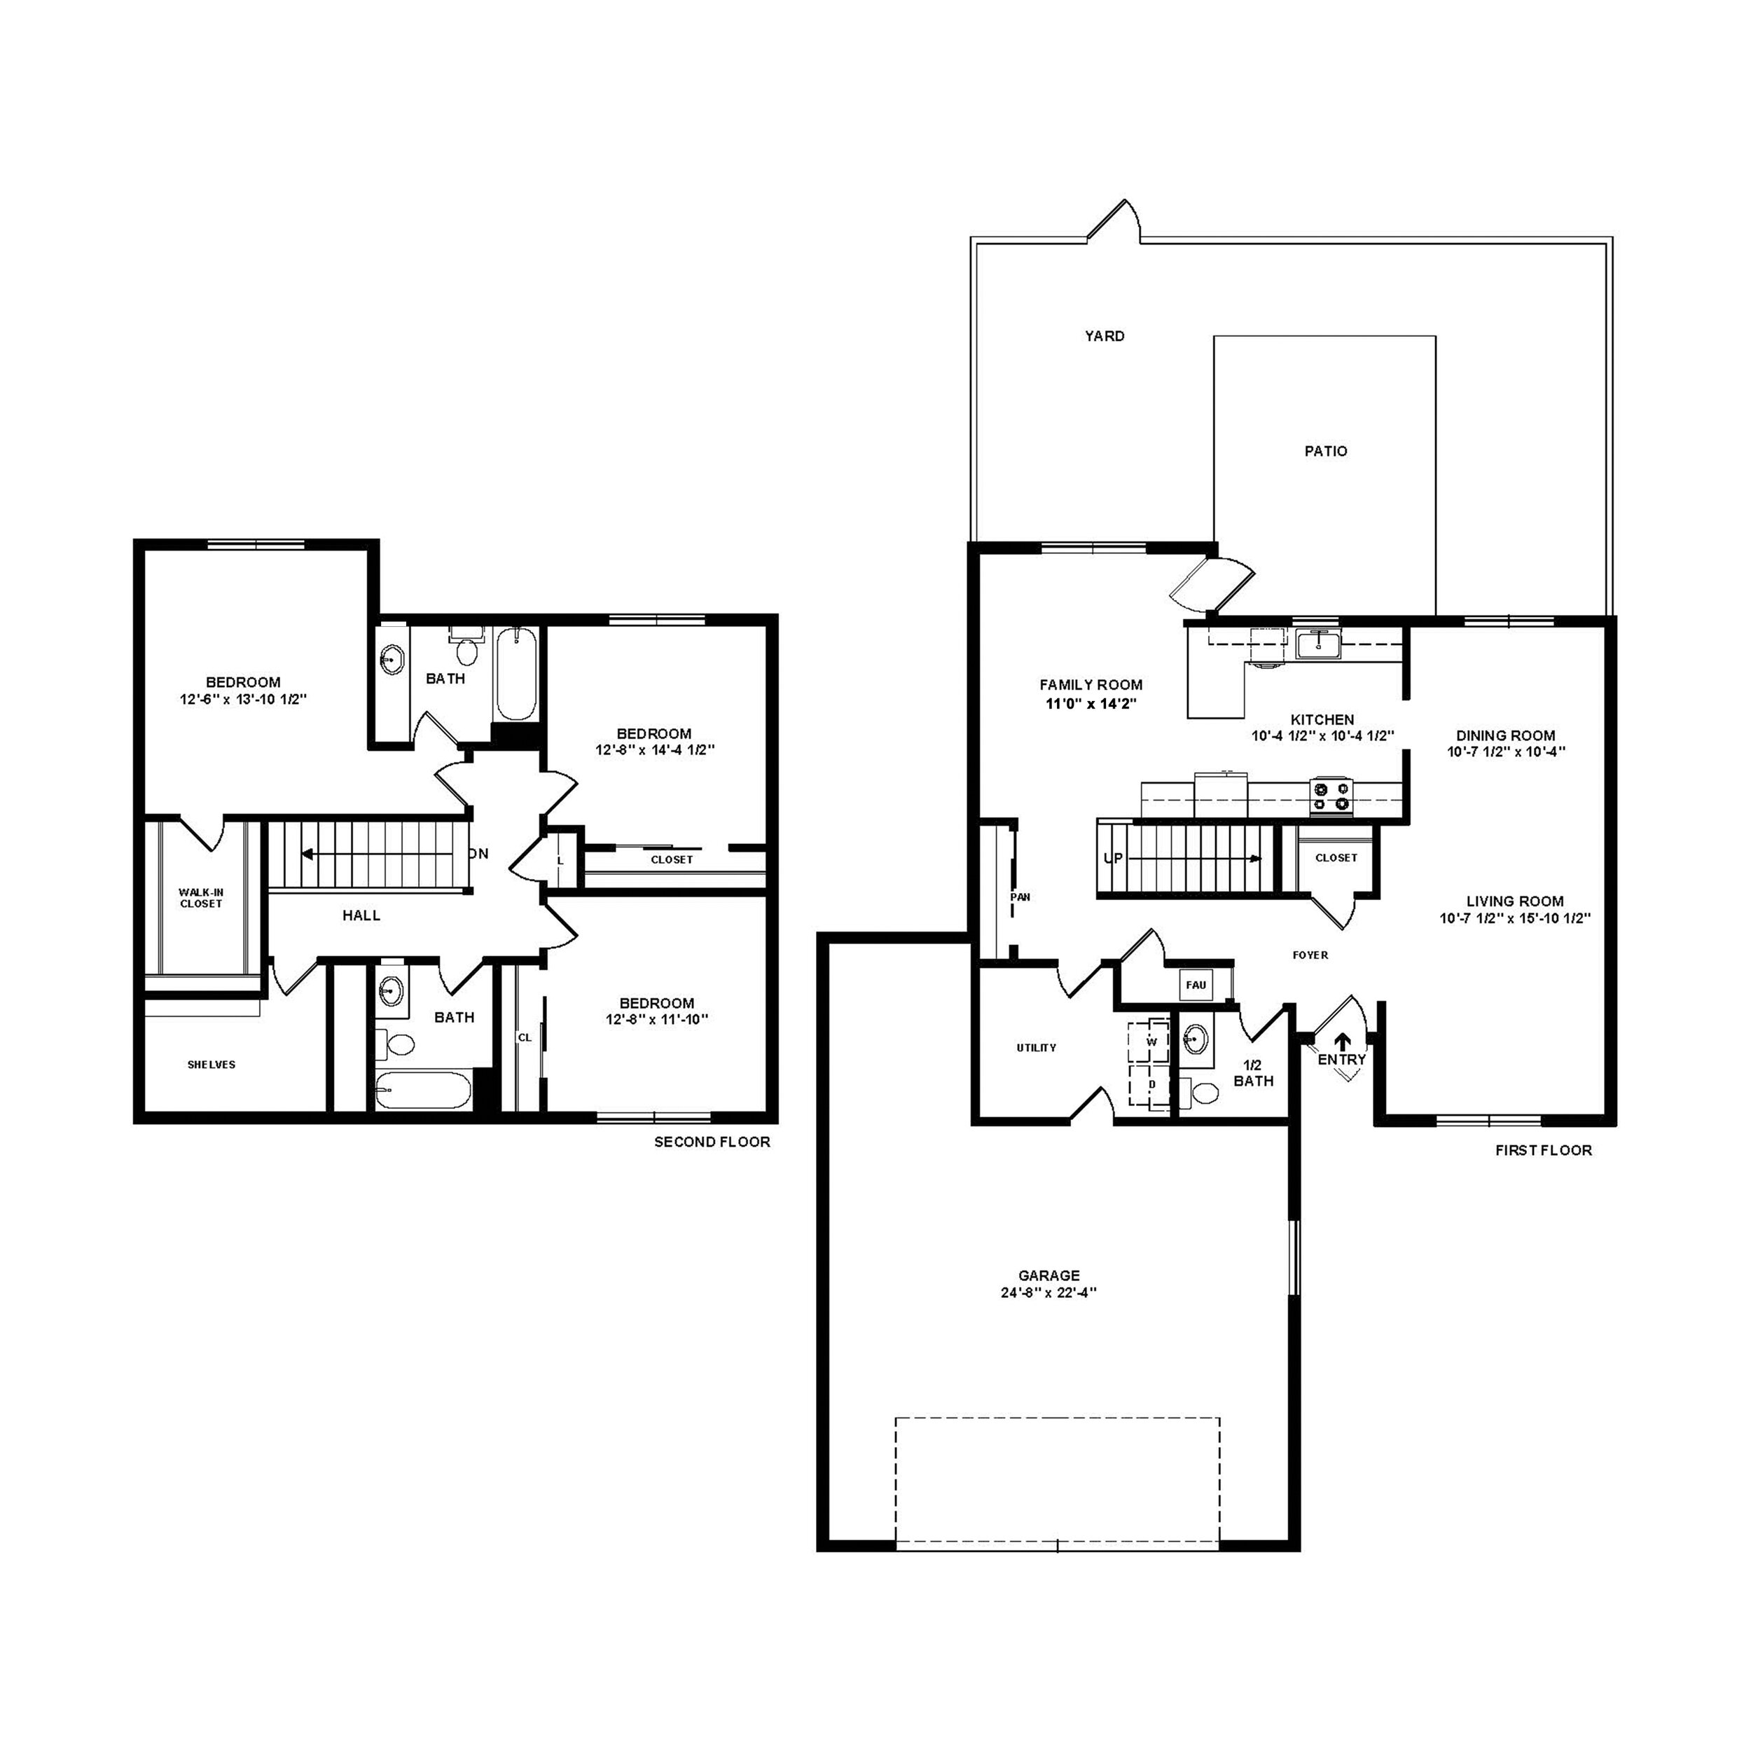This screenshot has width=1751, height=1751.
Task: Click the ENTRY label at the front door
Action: pyautogui.click(x=1341, y=1060)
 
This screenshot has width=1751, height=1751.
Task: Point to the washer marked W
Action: pyautogui.click(x=1151, y=1042)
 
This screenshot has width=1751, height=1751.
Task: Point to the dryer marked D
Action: pyautogui.click(x=1151, y=1085)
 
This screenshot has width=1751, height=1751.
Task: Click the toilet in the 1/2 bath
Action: pyautogui.click(x=1202, y=1092)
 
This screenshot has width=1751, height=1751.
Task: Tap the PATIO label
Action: pyautogui.click(x=1325, y=450)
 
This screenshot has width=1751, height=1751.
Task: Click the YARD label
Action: pyautogui.click(x=1105, y=336)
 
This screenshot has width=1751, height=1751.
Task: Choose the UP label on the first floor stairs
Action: pyautogui.click(x=1113, y=857)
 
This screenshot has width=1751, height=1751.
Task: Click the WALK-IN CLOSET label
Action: pyautogui.click(x=201, y=898)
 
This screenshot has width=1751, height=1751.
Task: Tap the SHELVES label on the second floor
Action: pyautogui.click(x=212, y=1065)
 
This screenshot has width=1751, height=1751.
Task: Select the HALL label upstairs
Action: pyautogui.click(x=361, y=915)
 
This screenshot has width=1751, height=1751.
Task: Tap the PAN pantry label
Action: pyautogui.click(x=1020, y=897)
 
